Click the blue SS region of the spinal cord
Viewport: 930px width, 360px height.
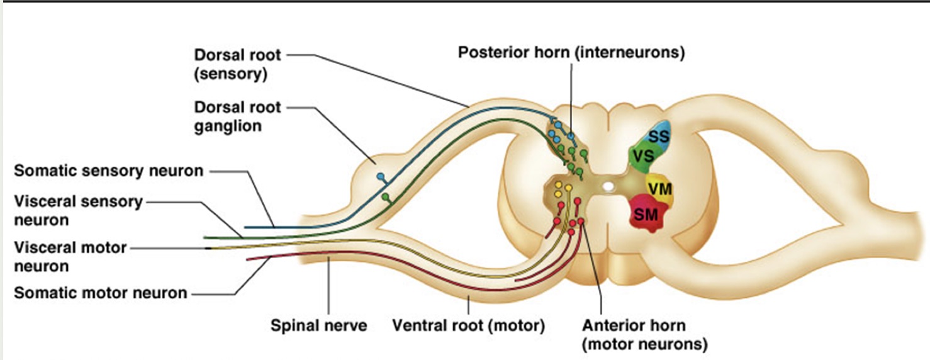point(658,136)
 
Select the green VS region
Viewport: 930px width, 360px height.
point(642,157)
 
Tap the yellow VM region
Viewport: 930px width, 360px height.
point(659,188)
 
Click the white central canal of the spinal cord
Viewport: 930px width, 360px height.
point(608,186)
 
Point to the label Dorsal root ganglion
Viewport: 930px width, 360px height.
point(237,116)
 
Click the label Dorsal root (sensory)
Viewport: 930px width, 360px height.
point(237,64)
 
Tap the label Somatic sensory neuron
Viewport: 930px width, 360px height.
point(109,171)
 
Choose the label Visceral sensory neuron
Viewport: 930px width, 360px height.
point(79,211)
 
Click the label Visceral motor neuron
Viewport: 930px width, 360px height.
point(70,257)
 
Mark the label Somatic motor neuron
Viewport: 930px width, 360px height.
point(101,293)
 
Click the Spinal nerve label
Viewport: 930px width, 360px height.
point(318,325)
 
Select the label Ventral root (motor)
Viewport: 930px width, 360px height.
point(468,325)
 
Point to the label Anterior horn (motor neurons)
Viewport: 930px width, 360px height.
point(644,335)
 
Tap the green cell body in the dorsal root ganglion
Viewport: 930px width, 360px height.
point(386,198)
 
